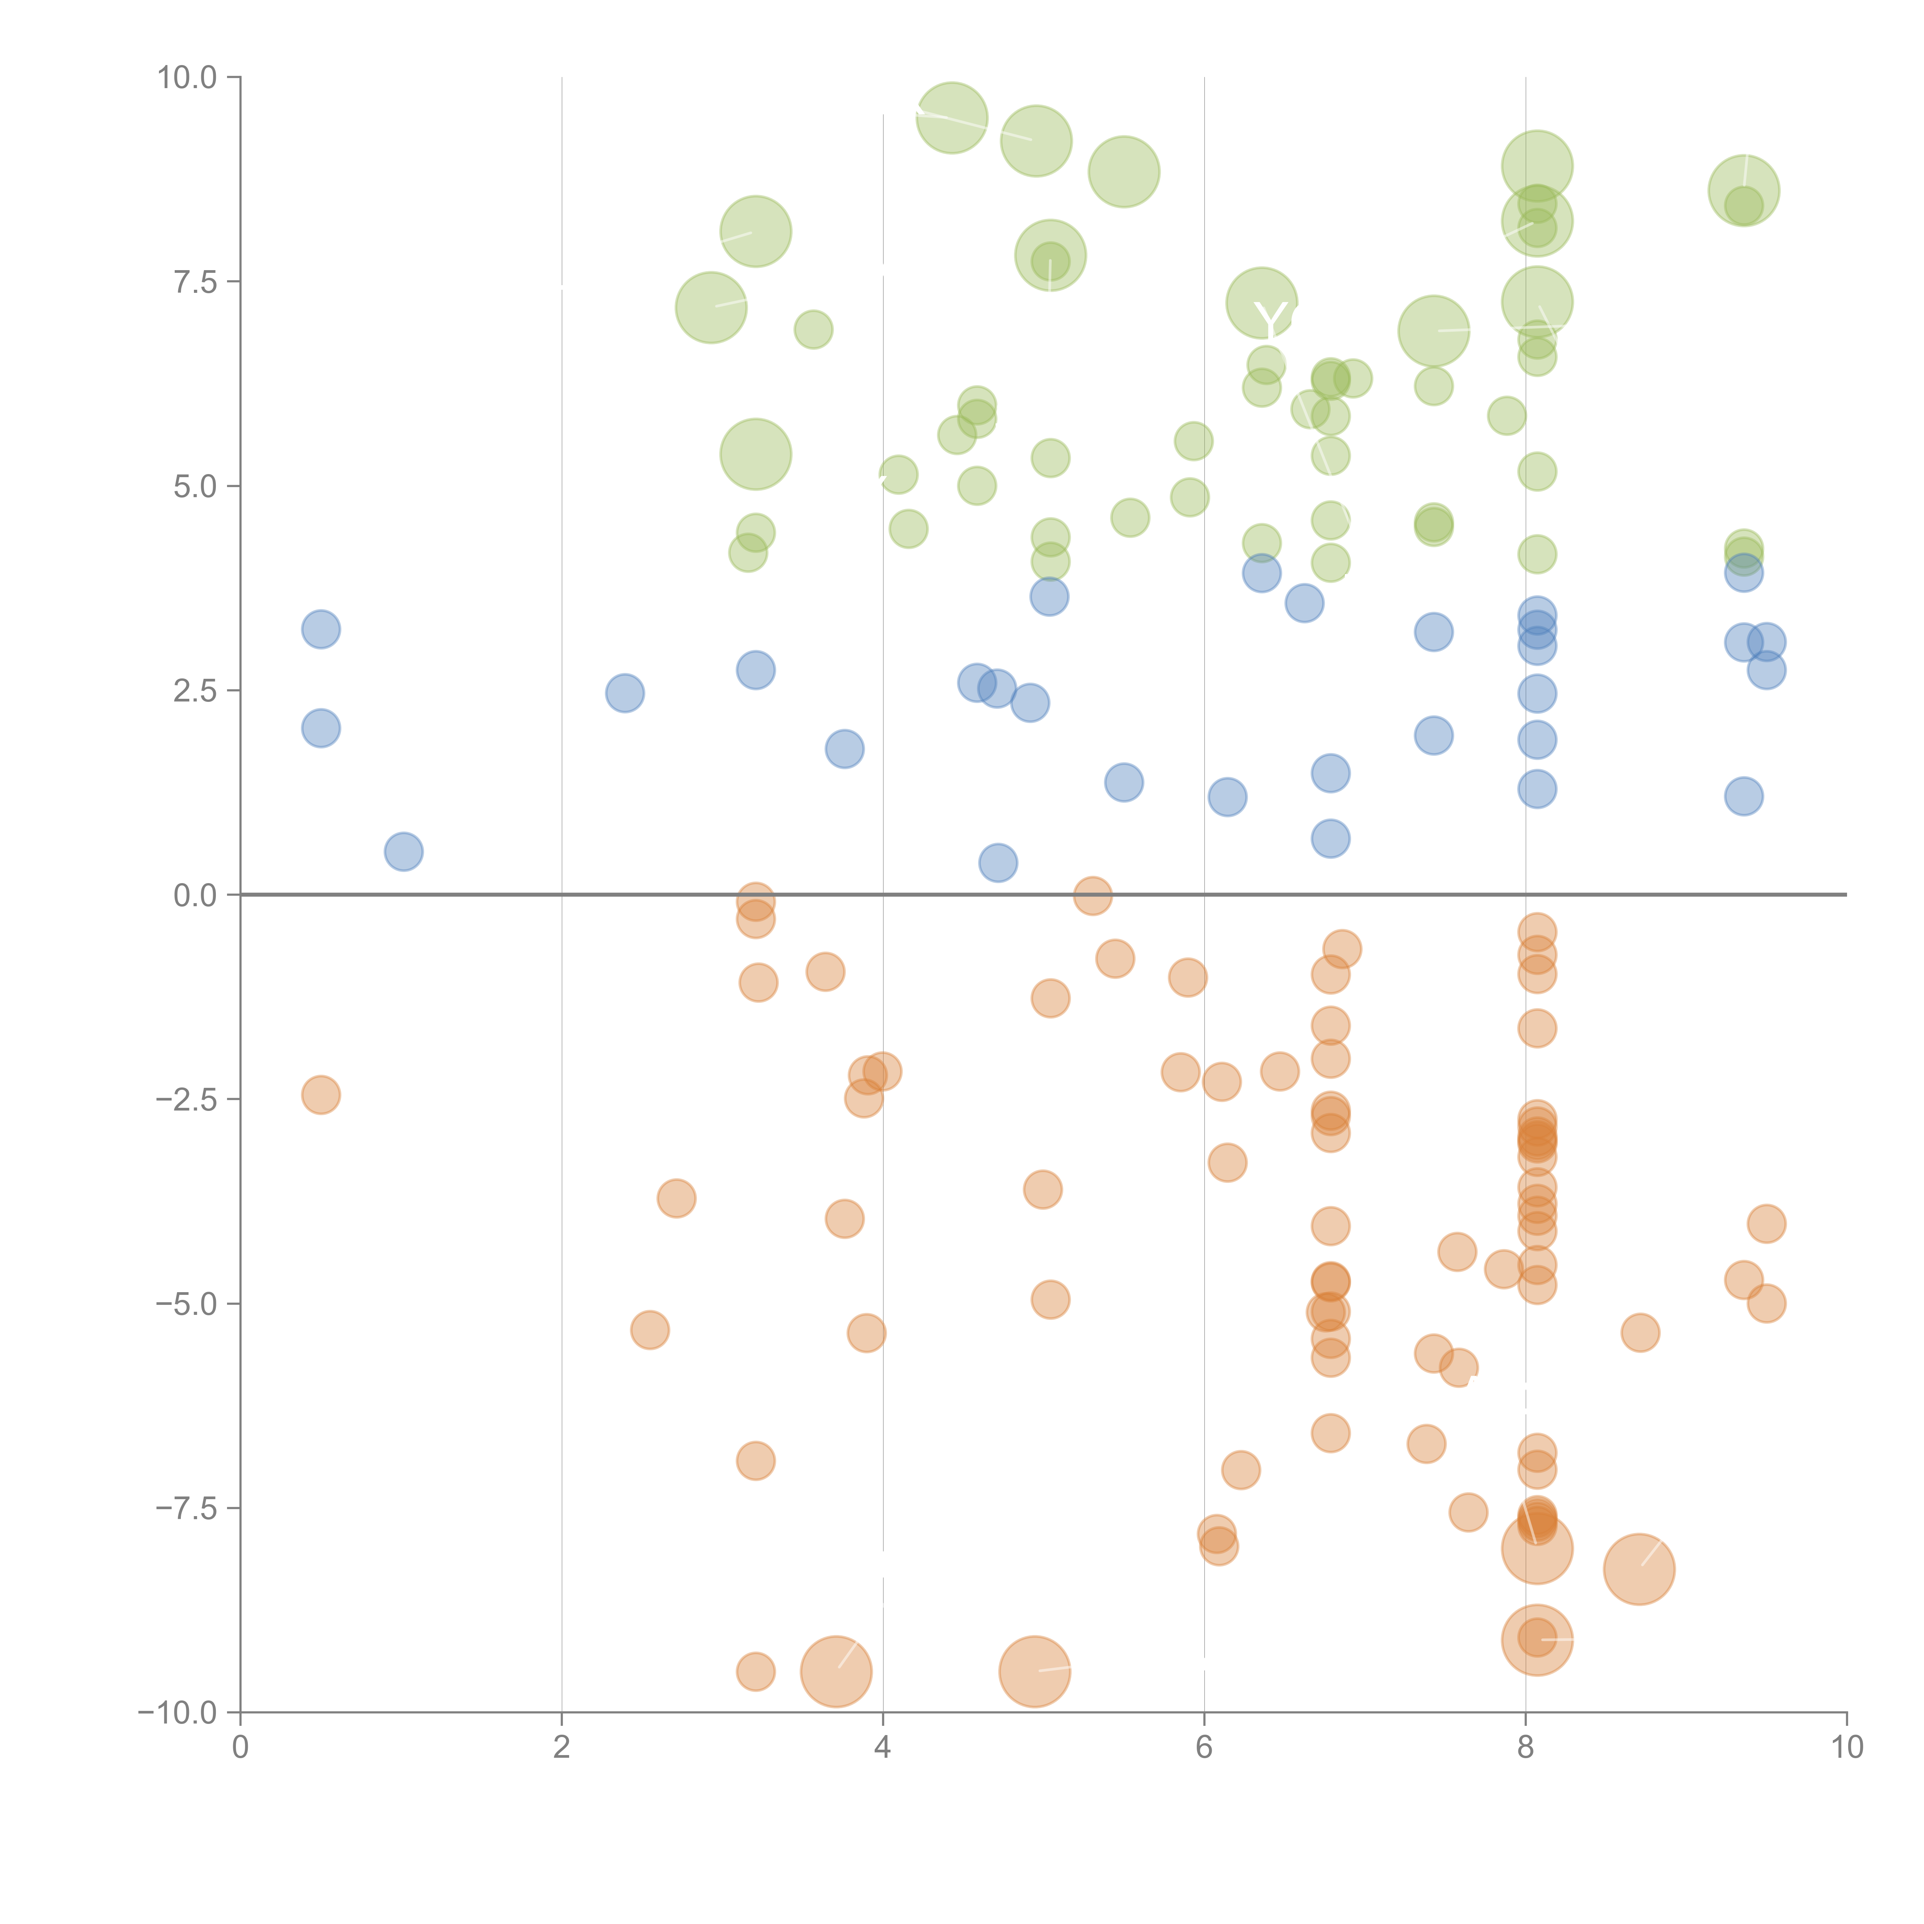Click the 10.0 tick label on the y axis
(x=187, y=78)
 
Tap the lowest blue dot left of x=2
(x=403, y=852)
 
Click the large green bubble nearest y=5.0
(x=756, y=454)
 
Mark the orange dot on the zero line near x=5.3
(x=1092, y=895)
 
